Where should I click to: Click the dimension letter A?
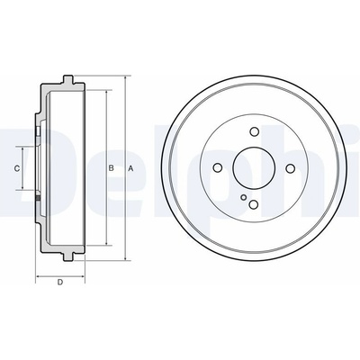(130, 168)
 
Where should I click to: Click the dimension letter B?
(111, 168)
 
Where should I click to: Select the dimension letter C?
(17, 168)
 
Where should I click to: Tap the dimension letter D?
(60, 282)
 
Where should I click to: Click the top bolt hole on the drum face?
(255, 131)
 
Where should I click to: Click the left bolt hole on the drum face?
(218, 168)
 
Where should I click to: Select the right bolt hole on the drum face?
(290, 168)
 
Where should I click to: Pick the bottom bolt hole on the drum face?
(254, 204)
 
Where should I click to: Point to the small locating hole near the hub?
(244, 197)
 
